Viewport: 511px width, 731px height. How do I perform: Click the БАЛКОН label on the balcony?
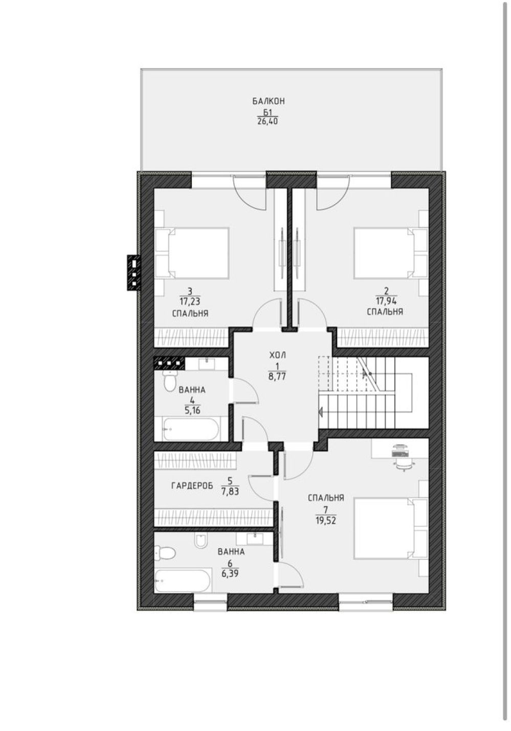click(269, 101)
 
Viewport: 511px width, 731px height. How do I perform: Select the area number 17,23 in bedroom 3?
click(190, 300)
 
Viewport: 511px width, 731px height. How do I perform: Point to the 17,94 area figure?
click(386, 300)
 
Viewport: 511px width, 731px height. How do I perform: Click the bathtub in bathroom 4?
click(191, 429)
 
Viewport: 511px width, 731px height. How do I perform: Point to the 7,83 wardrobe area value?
click(230, 491)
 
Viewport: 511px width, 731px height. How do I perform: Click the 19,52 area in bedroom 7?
click(326, 520)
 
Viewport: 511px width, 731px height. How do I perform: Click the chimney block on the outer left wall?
click(134, 272)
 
